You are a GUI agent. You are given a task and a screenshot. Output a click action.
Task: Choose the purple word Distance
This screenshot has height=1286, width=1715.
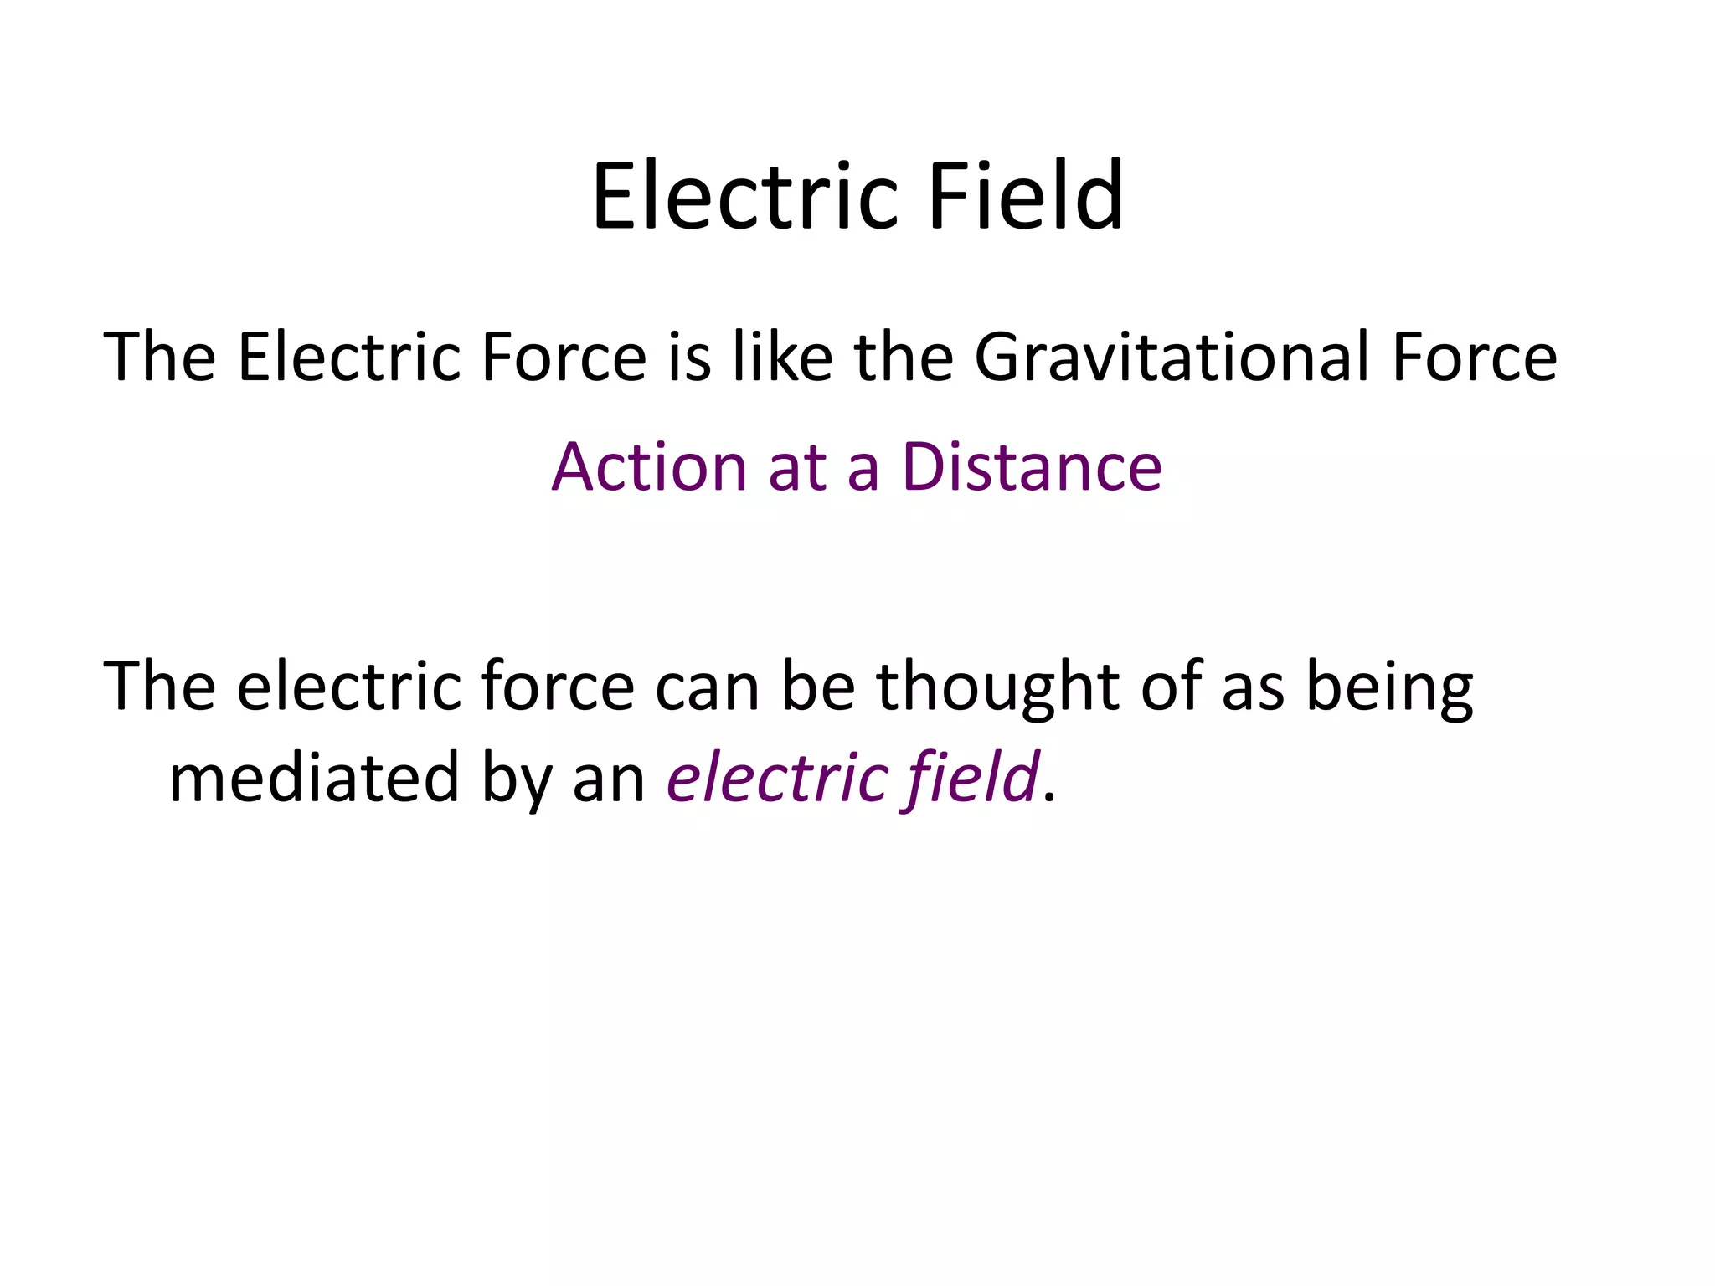point(1032,466)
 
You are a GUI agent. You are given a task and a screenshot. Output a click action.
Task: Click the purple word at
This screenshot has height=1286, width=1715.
point(796,468)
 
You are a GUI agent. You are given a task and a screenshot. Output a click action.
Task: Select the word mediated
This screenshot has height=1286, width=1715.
point(314,778)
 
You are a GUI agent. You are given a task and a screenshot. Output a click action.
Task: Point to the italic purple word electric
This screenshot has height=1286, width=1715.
point(776,778)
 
